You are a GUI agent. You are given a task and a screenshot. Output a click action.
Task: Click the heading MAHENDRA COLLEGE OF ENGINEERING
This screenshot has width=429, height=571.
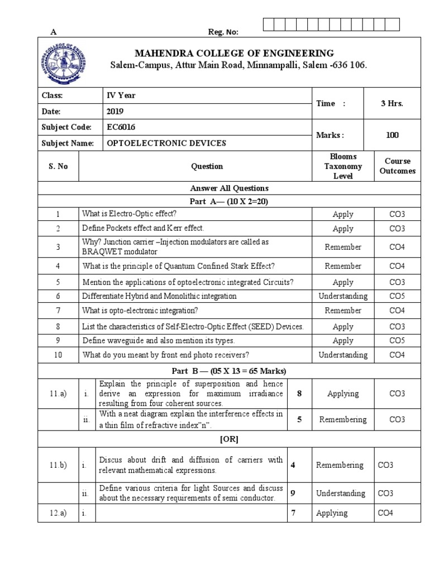tap(235, 54)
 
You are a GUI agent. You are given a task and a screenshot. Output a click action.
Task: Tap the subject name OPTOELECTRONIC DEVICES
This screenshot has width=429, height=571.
tap(166, 143)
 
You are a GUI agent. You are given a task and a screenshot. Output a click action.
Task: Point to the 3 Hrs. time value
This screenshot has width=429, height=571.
tap(392, 104)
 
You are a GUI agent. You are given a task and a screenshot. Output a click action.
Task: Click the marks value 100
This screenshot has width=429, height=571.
tap(392, 135)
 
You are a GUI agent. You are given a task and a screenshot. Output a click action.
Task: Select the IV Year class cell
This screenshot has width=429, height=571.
tap(121, 95)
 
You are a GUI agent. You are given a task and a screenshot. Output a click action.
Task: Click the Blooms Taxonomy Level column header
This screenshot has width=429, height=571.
tap(342, 166)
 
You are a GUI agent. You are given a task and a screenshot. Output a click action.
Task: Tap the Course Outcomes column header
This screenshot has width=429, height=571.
tap(397, 166)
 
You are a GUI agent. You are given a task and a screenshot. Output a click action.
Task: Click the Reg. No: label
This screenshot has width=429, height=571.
tap(223, 32)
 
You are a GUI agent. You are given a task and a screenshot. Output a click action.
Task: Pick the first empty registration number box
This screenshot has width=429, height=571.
tap(268, 24)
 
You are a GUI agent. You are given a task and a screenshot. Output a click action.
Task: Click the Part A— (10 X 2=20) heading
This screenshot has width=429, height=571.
tap(230, 201)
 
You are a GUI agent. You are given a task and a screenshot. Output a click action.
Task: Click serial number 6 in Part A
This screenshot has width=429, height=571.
tap(58, 296)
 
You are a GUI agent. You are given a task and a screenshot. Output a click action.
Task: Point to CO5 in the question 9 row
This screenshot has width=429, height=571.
tap(397, 340)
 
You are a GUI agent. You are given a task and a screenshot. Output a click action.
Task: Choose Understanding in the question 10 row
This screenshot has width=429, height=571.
tap(342, 355)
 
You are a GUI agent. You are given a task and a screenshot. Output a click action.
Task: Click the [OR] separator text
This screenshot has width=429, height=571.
tap(229, 439)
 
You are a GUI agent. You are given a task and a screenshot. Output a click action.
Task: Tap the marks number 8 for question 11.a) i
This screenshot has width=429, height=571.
tap(299, 394)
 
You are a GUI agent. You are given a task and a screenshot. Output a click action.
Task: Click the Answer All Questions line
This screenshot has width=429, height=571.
tap(230, 188)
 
